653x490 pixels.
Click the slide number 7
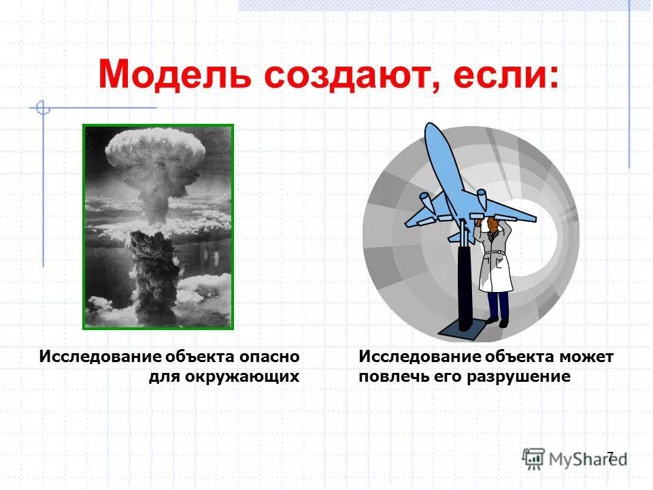[x=609, y=455]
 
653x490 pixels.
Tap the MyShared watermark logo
[x=575, y=458]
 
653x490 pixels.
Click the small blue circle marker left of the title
[x=43, y=108]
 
